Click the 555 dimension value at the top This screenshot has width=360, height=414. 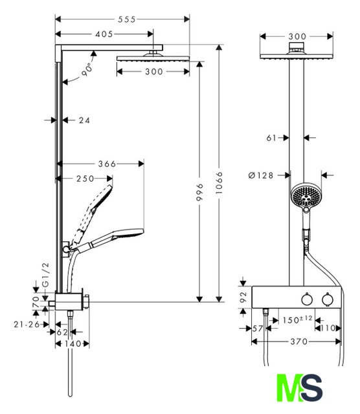pos(127,19)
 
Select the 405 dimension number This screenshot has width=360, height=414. pos(104,34)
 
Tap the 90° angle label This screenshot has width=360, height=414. pos(87,70)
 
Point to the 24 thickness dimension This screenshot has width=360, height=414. pos(84,120)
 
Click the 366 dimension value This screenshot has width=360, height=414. pos(107,164)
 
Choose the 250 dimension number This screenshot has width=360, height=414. pos(85,179)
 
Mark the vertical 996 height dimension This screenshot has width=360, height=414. pos(200,192)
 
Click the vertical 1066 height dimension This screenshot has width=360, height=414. pos(219,183)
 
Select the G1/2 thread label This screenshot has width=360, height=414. pos(46,274)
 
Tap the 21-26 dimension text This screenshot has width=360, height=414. pos(27,324)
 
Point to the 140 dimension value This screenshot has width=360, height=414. pos(72,343)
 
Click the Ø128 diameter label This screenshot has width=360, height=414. pos(261,175)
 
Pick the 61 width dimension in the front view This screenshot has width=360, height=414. pos(271,138)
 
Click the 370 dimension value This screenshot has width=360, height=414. pos(299,342)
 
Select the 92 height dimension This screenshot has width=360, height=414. pos(243,297)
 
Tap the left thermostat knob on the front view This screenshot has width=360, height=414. pos(307,299)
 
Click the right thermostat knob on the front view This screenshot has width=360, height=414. pos(328,299)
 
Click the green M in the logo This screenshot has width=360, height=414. pos(288,387)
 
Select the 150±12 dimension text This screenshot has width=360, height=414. pos(297,320)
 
